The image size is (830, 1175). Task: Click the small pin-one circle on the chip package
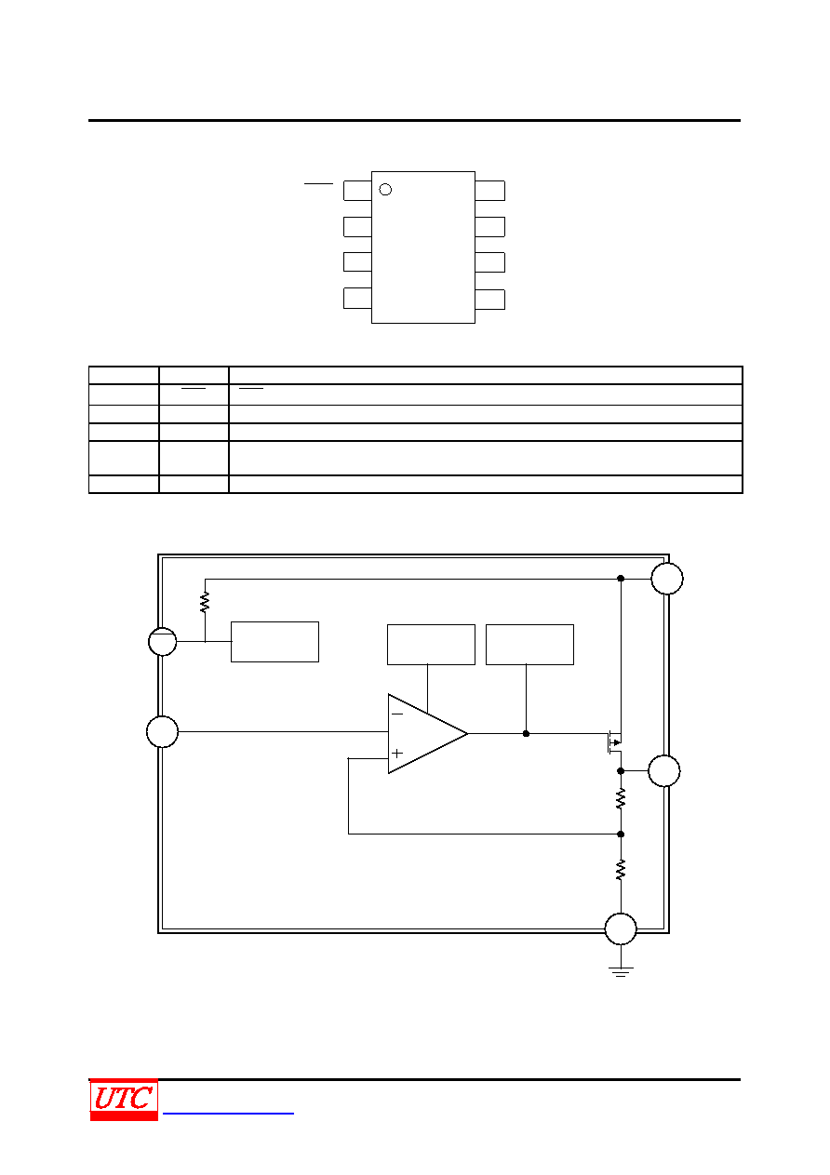[385, 190]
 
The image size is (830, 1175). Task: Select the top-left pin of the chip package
[357, 191]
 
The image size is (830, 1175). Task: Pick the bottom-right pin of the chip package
[490, 300]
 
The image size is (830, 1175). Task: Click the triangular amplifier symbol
[428, 734]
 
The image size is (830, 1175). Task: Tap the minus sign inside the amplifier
[397, 714]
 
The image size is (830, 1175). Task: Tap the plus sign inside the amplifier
[397, 754]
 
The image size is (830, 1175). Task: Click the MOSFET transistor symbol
[614, 742]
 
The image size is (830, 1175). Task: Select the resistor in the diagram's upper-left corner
[205, 602]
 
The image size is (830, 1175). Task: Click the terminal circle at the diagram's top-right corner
[667, 579]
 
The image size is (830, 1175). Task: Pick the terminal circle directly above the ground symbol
[621, 929]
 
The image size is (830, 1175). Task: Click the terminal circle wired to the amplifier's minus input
[162, 731]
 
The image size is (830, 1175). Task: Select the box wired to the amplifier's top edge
[431, 645]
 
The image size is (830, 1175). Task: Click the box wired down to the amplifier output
[529, 645]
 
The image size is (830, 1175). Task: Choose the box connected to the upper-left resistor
[274, 642]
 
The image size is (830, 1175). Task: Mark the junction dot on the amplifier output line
[527, 734]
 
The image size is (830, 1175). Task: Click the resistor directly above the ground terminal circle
[621, 870]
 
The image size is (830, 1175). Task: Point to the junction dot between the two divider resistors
[621, 835]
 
